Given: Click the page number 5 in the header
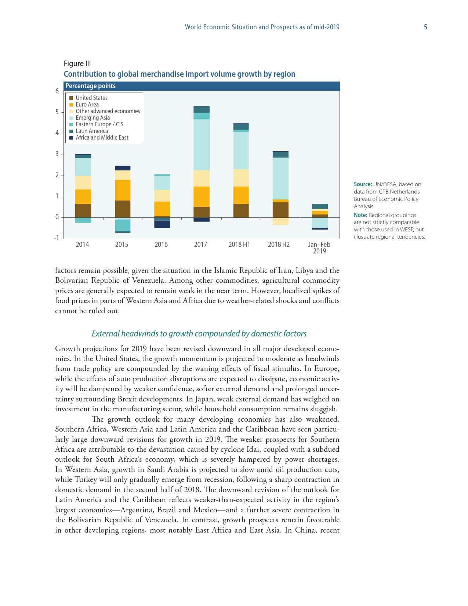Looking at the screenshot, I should pos(425,27).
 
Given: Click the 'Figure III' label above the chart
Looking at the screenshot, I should pos(77,64).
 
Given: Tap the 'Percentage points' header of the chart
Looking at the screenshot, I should pos(90,86).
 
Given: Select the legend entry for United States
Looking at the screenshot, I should pos(91,98).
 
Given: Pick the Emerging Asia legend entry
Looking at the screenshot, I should pos(92,118).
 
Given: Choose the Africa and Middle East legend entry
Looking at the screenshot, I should pos(102,138).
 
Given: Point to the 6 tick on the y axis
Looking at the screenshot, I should pos(57,91).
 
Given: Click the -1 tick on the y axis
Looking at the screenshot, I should pos(56,238).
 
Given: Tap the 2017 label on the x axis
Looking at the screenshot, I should pos(200,245).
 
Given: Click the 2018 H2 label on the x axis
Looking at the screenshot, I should pos(279,245).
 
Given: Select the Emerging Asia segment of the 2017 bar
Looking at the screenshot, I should pos(202,145).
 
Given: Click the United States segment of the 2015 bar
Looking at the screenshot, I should pos(123,209).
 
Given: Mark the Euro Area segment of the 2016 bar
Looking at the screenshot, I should pos(162,209).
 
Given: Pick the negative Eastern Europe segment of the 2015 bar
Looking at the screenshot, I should pos(123,225).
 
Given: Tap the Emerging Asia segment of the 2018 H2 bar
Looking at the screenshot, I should pos(280,178).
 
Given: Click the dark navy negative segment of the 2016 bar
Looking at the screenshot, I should pos(162,224).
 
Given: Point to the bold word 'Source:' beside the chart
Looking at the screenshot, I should pos(363,184).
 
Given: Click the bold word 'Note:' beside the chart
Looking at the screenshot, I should pos(360,215).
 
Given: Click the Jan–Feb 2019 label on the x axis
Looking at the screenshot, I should pos(319,248).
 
